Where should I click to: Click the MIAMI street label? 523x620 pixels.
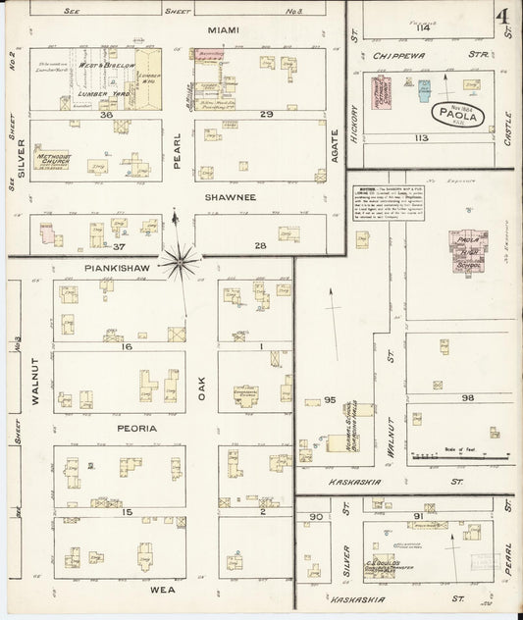pyautogui.click(x=215, y=30)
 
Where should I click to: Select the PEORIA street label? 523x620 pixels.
pyautogui.click(x=127, y=429)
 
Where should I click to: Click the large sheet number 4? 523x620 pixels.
pyautogui.click(x=502, y=17)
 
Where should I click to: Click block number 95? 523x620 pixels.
pyautogui.click(x=330, y=400)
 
